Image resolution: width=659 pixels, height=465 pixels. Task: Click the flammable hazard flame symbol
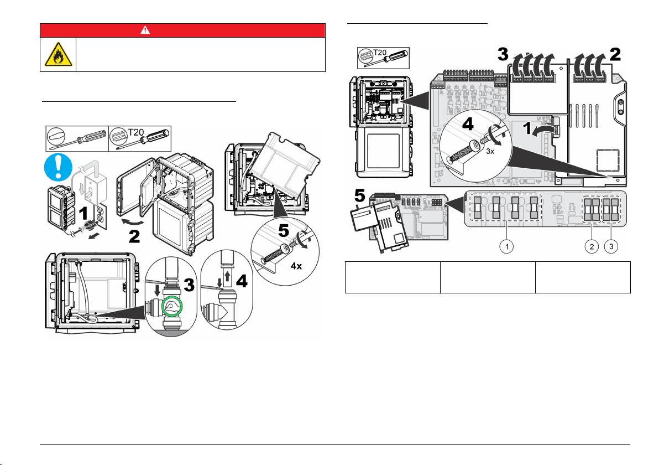58,55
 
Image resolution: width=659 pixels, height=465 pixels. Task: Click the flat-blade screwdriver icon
77,139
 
